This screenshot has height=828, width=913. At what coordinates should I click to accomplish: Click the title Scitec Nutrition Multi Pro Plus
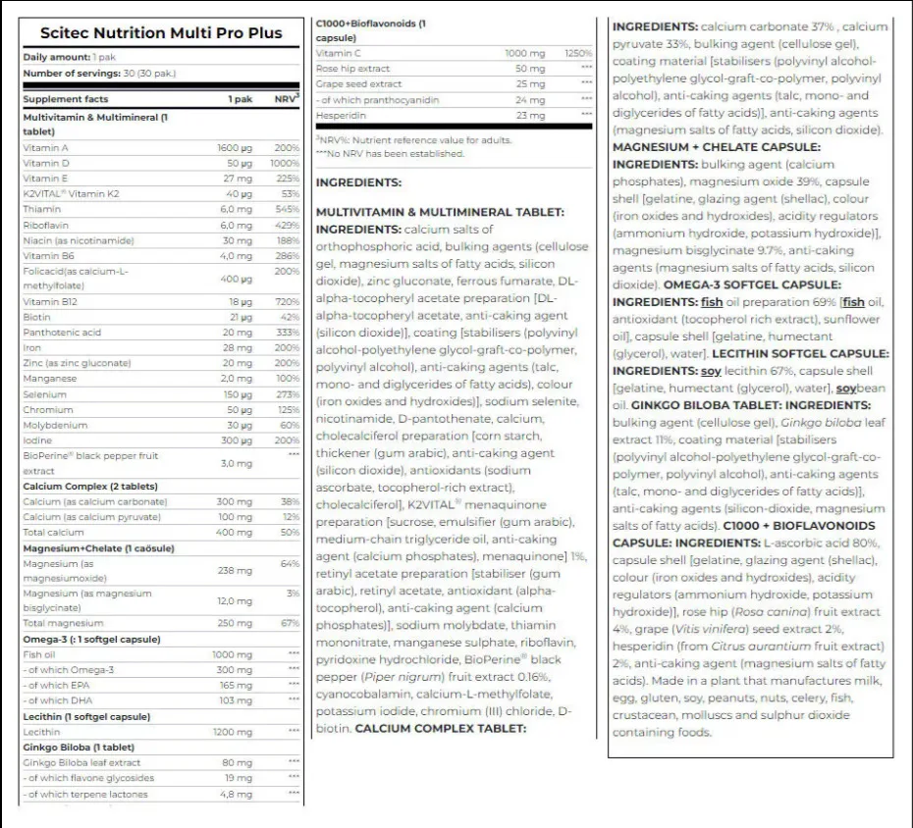(x=152, y=32)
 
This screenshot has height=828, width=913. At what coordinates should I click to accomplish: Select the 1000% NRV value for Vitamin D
(x=285, y=163)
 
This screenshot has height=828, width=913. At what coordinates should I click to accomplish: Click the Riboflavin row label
(x=46, y=225)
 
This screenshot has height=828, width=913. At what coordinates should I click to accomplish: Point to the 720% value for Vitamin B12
(x=287, y=302)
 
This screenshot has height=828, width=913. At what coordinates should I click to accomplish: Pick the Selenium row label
(x=44, y=394)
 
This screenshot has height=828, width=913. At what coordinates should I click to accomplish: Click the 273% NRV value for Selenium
(x=287, y=394)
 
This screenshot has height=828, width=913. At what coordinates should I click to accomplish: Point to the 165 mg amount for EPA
(x=236, y=686)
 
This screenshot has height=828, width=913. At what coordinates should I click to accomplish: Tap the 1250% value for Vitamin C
(x=578, y=53)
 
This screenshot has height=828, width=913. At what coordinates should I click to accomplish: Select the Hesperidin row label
(x=342, y=116)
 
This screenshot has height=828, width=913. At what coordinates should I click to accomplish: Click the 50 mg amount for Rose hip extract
(x=530, y=69)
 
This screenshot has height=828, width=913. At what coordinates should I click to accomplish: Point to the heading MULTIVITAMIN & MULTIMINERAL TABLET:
(x=439, y=212)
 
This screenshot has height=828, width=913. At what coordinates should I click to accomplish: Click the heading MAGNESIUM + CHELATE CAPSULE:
(x=716, y=147)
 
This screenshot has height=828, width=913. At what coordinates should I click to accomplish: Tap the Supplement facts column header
(x=66, y=99)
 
